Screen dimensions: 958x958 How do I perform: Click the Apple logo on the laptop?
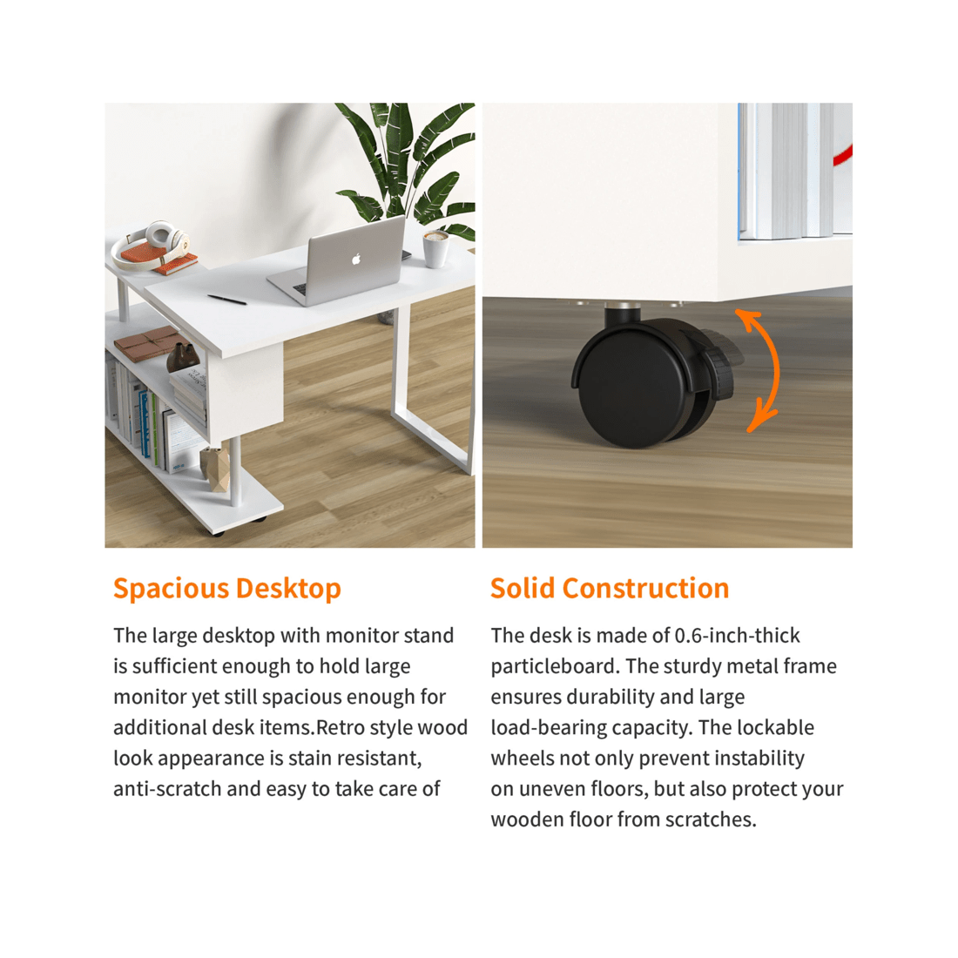coord(355,259)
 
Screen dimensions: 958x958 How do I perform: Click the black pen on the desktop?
coord(226,300)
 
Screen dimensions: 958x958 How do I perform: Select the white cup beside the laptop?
coord(436,248)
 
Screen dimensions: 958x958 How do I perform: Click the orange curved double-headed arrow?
coord(761,370)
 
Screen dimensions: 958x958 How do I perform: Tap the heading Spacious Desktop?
coord(226,589)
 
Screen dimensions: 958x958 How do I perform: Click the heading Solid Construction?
coord(610,589)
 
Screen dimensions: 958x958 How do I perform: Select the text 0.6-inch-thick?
coord(737,636)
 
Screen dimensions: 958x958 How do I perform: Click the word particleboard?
coord(555,666)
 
